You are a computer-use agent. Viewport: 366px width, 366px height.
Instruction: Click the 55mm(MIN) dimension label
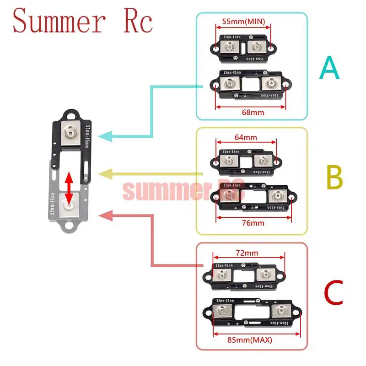243,22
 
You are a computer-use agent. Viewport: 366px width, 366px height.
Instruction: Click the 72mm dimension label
248,253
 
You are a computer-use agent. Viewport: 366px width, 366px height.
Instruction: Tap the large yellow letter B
334,177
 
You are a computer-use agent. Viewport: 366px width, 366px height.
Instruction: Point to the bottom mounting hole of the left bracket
70,225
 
